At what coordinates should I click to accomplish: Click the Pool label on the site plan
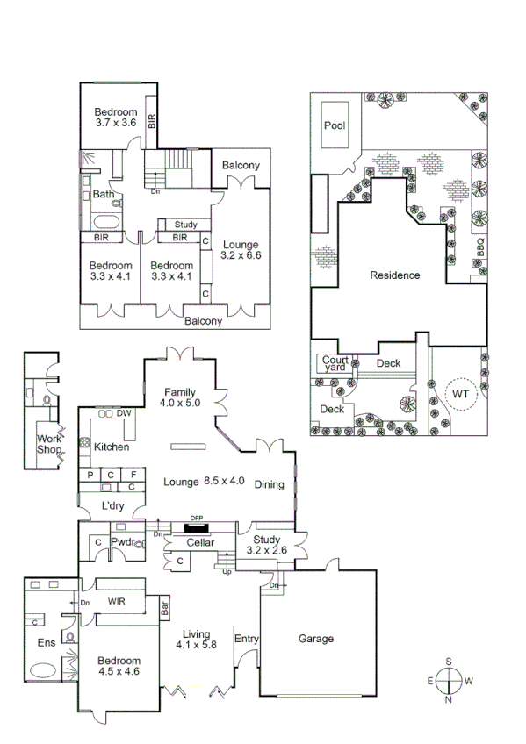pyautogui.click(x=335, y=125)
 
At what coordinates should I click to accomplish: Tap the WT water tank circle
pyautogui.click(x=460, y=394)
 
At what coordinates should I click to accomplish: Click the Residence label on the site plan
pyautogui.click(x=394, y=275)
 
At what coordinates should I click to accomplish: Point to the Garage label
pyautogui.click(x=315, y=639)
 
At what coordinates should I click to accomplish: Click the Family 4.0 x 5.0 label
pyautogui.click(x=181, y=397)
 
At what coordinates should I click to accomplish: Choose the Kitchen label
pyautogui.click(x=112, y=447)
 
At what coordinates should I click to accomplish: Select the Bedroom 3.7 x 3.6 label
pyautogui.click(x=116, y=118)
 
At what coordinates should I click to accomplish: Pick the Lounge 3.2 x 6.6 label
pyautogui.click(x=241, y=250)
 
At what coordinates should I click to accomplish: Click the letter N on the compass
pyautogui.click(x=449, y=699)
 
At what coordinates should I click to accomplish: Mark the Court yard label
pyautogui.click(x=335, y=364)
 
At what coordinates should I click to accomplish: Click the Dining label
pyautogui.click(x=270, y=484)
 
